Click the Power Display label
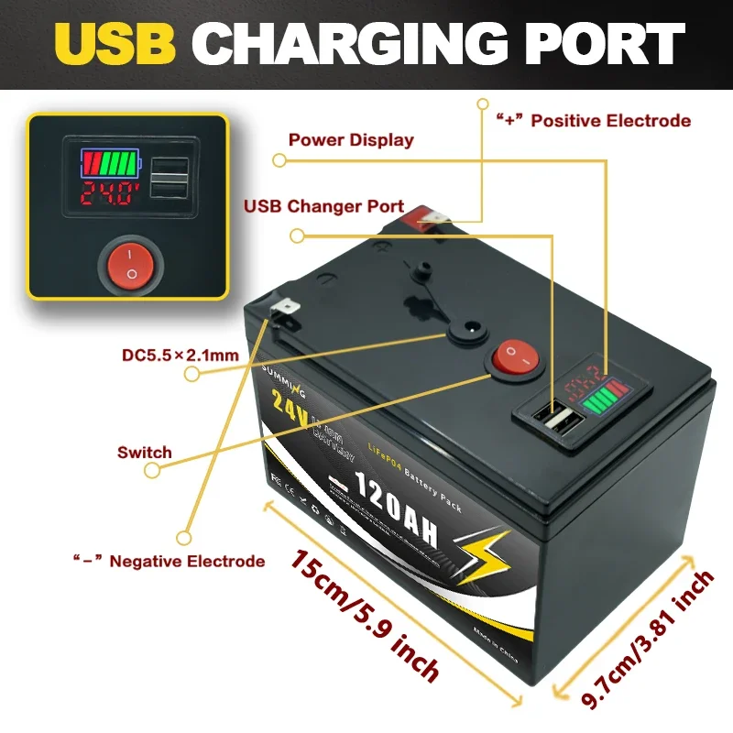pos(351,140)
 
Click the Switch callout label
pos(144,452)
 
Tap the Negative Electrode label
pos(169,561)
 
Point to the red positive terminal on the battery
pos(428,217)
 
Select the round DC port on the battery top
pos(471,327)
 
